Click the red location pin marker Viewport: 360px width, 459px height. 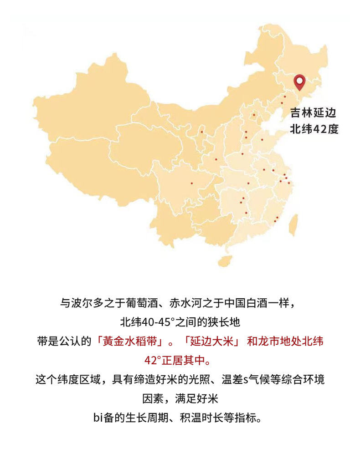coord(299,82)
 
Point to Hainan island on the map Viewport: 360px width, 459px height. coord(224,260)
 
